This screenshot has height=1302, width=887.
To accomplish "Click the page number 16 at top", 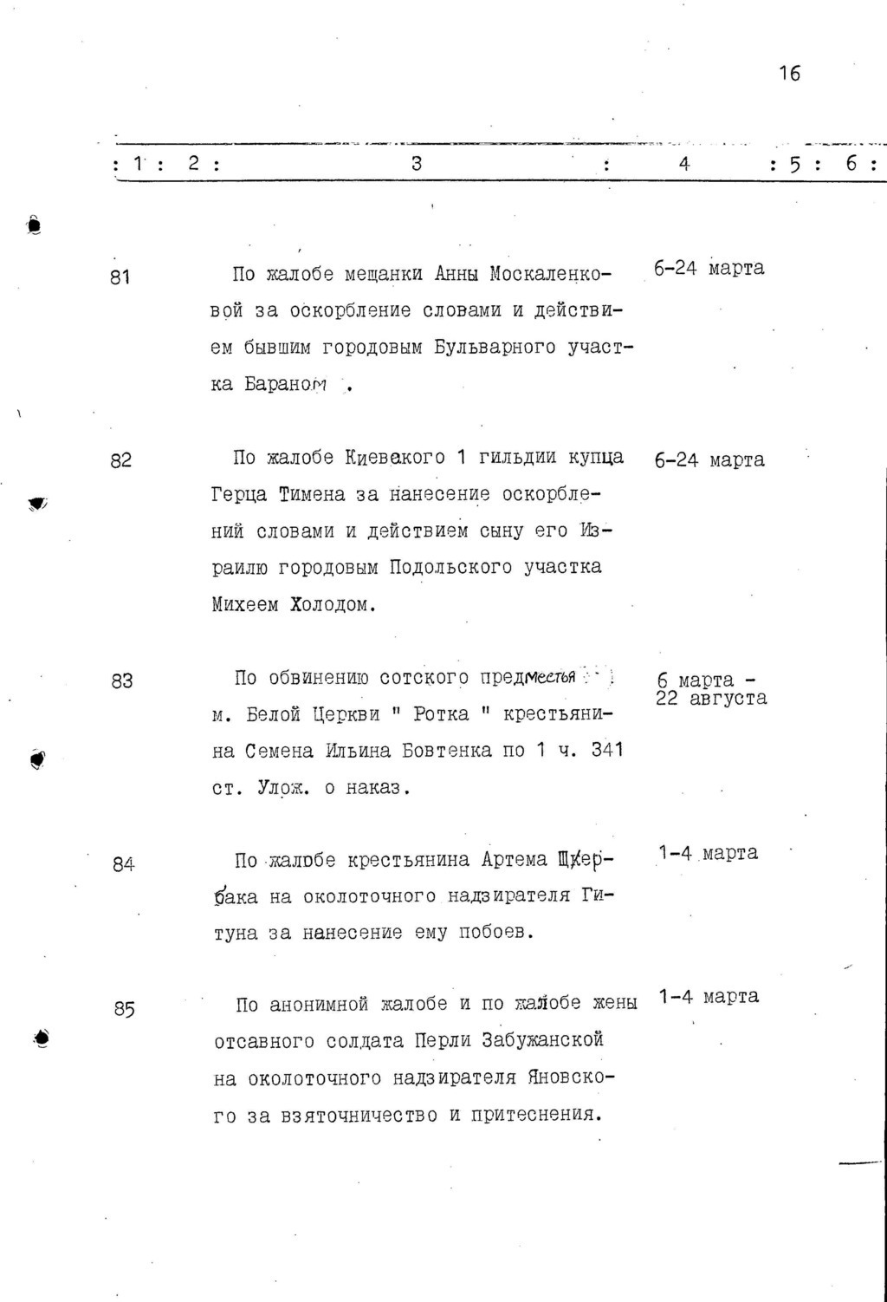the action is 789,74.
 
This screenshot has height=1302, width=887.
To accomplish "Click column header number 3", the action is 416,162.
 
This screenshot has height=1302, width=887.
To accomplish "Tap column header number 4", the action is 684,162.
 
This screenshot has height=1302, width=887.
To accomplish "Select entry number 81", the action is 120,277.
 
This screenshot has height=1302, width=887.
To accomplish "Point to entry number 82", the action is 120,460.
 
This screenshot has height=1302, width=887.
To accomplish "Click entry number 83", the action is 121,680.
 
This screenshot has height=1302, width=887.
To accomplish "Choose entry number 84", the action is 123,863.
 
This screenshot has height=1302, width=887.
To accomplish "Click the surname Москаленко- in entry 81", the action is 550,275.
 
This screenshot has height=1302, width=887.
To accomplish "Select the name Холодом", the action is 333,605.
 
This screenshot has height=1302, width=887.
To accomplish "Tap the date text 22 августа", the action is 711,698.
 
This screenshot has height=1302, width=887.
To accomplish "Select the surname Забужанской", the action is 538,1040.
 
